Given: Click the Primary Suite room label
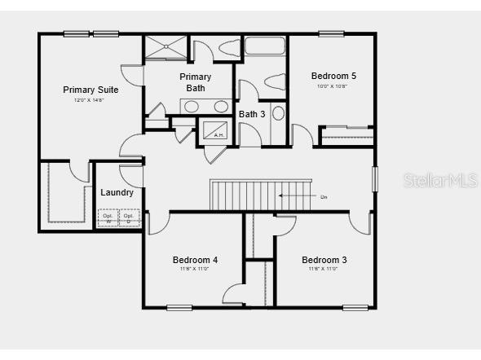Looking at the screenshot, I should tap(91, 90).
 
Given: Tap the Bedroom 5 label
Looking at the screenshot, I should tap(333, 76).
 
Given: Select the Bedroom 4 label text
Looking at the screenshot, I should tap(195, 260).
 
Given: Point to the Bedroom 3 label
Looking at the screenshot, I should tap(324, 260).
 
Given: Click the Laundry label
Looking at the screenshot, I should tap(117, 192).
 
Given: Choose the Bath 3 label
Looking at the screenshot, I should tap(252, 114).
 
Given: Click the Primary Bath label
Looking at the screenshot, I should tap(196, 82).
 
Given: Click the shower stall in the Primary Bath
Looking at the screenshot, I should tap(166, 46).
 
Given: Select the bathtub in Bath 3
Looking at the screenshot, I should tap(264, 46).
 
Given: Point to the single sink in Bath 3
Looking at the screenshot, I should tap(278, 113).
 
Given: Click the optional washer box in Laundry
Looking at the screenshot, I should tap(108, 218).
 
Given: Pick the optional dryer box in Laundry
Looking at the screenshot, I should tap(128, 218).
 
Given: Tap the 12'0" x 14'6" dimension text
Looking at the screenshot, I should tap(90, 100).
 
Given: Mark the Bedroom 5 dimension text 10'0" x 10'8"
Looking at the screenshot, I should tap(333, 86).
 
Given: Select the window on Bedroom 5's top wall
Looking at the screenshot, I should tap(330, 33).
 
